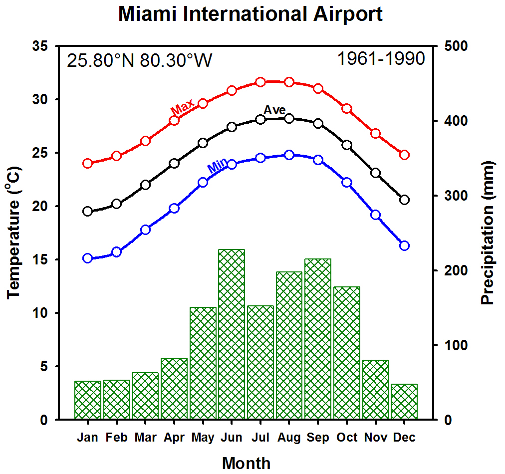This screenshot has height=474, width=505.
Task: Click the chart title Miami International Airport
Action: click(250, 14)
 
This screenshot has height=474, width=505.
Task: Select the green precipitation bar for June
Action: click(232, 334)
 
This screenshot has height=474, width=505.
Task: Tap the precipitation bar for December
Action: click(404, 402)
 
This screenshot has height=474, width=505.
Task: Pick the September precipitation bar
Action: click(318, 339)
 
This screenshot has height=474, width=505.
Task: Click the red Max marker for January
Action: click(88, 163)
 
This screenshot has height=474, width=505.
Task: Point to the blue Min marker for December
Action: click(405, 245)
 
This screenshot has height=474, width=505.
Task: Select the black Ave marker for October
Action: click(347, 145)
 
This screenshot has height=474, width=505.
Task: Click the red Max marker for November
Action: click(376, 133)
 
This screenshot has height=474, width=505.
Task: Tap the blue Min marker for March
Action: click(145, 230)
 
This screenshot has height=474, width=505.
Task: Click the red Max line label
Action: click(183, 107)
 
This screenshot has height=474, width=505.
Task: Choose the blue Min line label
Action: click(217, 166)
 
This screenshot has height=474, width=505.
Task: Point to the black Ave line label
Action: click(274, 110)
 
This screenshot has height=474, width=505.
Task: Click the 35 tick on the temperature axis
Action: click(40, 46)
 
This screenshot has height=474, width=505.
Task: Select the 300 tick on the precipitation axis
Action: click(456, 196)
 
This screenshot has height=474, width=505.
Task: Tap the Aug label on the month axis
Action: click(289, 437)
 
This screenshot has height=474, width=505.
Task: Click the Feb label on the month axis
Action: click(117, 437)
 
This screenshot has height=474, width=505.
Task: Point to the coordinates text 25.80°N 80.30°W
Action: click(139, 60)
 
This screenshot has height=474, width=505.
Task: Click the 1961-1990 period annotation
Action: click(381, 58)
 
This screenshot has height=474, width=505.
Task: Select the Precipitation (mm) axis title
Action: click(488, 233)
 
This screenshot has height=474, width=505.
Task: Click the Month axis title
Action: click(247, 464)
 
